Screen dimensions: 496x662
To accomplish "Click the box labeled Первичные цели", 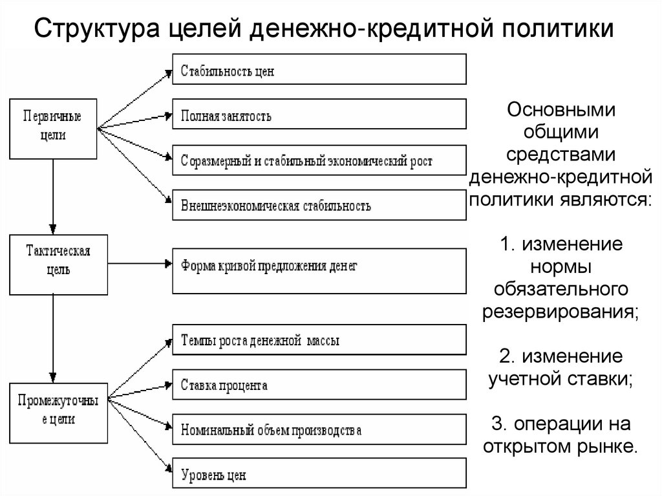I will point(53,128).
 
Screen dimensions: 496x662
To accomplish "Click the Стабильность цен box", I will point(319,69).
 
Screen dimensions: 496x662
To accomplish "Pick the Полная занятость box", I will point(319,115).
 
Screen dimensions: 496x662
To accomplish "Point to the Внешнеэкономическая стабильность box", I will point(319,206).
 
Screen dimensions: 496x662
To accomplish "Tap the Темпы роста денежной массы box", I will point(319,340).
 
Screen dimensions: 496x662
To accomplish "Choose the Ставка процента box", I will point(319,385).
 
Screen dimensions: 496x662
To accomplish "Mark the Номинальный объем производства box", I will point(319,430).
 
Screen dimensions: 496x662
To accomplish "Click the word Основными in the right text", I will point(561,109).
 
